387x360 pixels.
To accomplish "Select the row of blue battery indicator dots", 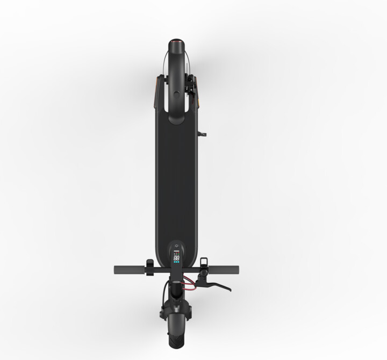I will (176, 263).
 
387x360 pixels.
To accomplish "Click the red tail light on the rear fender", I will (176, 41).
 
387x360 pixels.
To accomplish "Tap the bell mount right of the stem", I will (203, 263).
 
